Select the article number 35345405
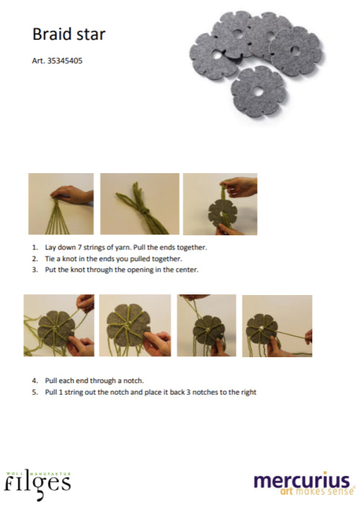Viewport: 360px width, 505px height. [x=65, y=61]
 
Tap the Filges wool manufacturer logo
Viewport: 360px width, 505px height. [x=38, y=485]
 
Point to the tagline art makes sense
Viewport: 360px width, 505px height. [x=317, y=491]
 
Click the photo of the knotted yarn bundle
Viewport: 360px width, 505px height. [x=140, y=204]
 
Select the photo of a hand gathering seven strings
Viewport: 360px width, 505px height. [x=61, y=204]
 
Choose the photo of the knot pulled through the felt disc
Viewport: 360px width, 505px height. [x=220, y=204]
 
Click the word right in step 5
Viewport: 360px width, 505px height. [x=248, y=392]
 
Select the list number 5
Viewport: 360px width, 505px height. [x=35, y=392]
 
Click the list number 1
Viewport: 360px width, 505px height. [x=35, y=247]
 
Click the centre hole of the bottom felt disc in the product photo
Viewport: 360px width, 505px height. [x=258, y=92]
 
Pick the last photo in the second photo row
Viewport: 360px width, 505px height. [x=277, y=326]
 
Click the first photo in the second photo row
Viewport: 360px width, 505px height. [x=59, y=325]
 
